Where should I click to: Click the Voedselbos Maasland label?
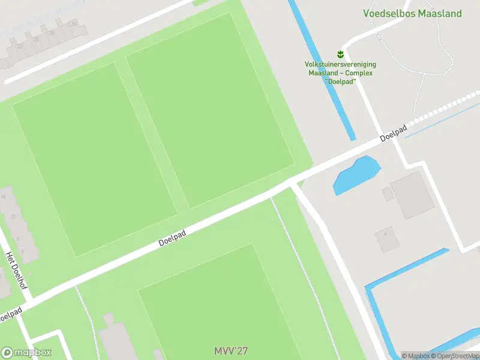[412, 13]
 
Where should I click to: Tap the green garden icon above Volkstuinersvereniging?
[340, 54]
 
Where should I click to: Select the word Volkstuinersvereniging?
[340, 64]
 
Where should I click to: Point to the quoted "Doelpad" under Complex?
[340, 81]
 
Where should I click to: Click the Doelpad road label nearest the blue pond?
[394, 133]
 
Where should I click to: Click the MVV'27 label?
[230, 350]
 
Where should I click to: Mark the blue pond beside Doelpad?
[356, 175]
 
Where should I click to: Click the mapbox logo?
[26, 352]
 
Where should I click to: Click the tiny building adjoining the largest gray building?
[388, 194]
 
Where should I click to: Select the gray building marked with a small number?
[387, 239]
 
